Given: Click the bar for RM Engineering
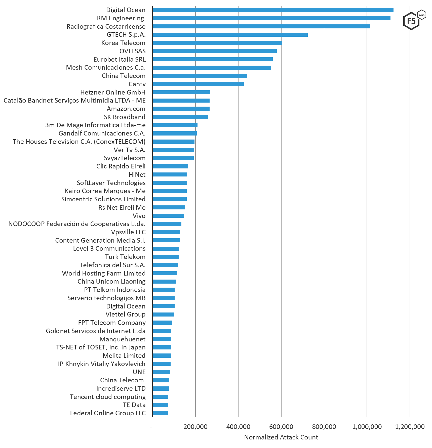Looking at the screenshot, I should (271, 18).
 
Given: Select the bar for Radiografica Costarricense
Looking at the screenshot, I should (261, 26).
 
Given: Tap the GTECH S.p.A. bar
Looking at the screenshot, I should (230, 35).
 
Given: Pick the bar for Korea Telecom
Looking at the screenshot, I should (217, 43).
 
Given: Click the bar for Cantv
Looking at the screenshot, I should (198, 84).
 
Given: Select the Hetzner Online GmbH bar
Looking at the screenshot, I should (181, 92).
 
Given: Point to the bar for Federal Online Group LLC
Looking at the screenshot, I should (160, 413).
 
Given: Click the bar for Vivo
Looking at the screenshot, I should (168, 216).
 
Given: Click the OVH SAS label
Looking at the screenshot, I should (132, 51).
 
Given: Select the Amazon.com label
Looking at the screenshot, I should (126, 109).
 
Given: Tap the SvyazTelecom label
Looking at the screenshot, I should (125, 158).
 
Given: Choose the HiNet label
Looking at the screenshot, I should (137, 174).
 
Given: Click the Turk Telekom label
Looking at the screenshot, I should (125, 257).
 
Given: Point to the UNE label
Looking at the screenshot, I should (139, 372).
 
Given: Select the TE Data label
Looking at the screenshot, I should (134, 405).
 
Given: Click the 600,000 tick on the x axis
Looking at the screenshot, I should (281, 427).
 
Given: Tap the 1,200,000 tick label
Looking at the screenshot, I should (410, 427).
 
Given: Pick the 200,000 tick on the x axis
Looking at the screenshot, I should (195, 427).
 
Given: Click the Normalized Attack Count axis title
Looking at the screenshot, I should (281, 437).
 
